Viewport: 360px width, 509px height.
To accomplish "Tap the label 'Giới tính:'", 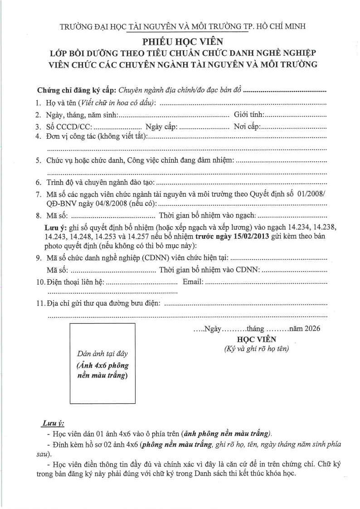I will coord(249,115).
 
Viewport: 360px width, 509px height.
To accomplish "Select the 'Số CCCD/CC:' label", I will coord(69,126).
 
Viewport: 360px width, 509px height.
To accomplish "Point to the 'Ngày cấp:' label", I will coord(161,126).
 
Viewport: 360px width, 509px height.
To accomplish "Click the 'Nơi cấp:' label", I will coord(247,126).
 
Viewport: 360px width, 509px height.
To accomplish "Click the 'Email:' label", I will coord(193,282).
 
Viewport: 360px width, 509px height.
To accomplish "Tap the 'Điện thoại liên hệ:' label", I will coord(76,282).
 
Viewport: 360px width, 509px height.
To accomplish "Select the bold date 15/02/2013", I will coord(247,237).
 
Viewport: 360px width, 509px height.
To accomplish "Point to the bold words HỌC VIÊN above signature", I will coord(256,339).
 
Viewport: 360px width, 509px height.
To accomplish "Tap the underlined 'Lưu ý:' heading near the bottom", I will coord(53,423).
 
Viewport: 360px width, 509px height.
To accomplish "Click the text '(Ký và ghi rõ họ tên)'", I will coord(256,349).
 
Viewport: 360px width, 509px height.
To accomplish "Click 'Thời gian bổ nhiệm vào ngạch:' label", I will coord(206,214).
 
